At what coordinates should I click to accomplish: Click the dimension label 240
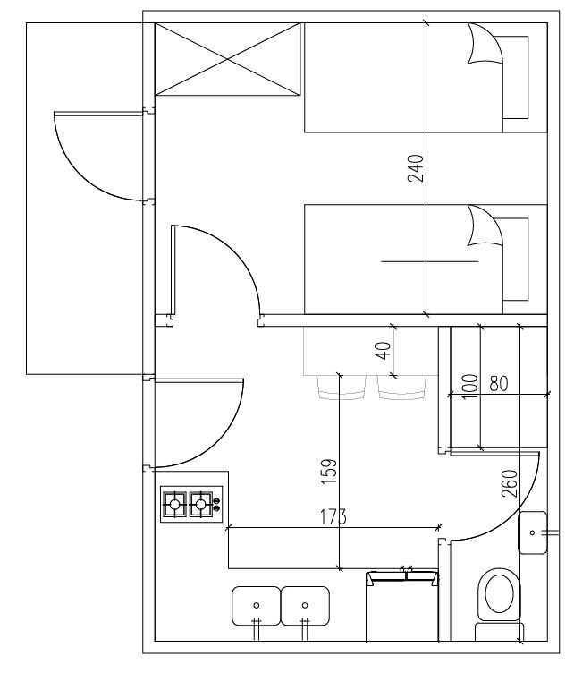[415, 168]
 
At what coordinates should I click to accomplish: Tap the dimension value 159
[329, 473]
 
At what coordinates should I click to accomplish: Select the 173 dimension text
[333, 516]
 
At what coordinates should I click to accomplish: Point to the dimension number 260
[510, 483]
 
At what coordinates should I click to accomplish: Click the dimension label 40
[384, 350]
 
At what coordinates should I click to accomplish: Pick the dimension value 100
[470, 387]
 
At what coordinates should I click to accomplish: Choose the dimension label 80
[499, 384]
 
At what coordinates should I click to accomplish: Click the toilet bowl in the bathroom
[499, 594]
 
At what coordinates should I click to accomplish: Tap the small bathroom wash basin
[532, 532]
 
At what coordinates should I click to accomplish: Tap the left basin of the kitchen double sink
[256, 606]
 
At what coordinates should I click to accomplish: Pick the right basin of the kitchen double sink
[305, 606]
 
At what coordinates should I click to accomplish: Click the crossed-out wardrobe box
[227, 59]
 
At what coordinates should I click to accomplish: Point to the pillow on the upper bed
[515, 77]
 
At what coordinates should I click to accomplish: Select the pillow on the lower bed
[515, 259]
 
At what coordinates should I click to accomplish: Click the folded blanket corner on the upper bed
[484, 44]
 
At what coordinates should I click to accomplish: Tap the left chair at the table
[342, 388]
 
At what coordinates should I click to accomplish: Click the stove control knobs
[216, 505]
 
